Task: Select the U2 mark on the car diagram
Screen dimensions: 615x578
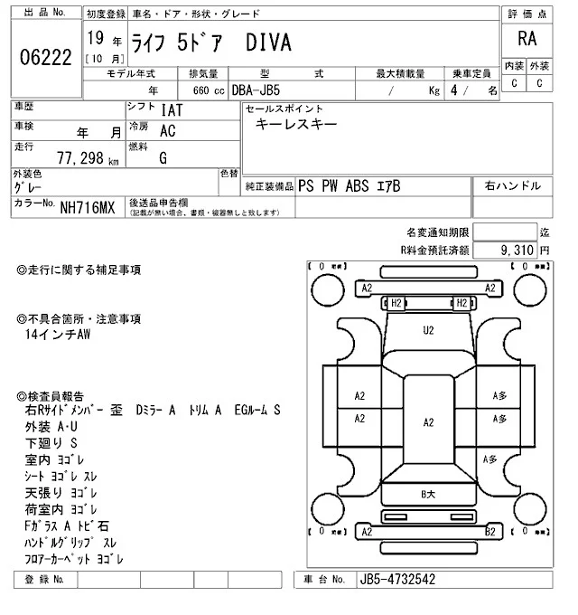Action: coord(429,330)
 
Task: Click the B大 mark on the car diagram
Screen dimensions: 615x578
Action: coord(429,494)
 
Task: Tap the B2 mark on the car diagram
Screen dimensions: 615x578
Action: coord(489,533)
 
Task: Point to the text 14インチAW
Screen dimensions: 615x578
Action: coord(60,334)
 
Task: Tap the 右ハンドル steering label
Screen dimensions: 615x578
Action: coord(512,185)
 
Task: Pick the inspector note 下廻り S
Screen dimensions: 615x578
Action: coord(52,443)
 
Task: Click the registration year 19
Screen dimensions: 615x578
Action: coord(95,41)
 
